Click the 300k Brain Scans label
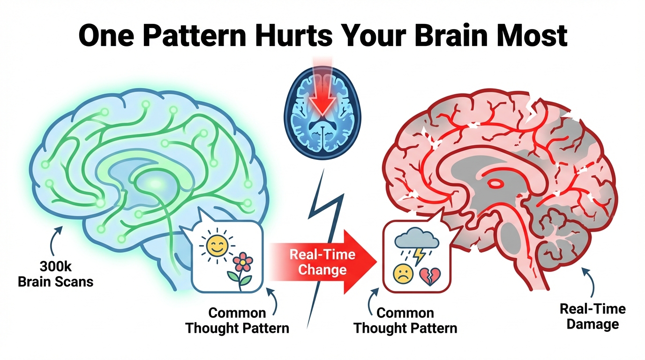(55, 276)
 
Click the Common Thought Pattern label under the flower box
(237, 320)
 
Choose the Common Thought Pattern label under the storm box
(405, 320)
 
